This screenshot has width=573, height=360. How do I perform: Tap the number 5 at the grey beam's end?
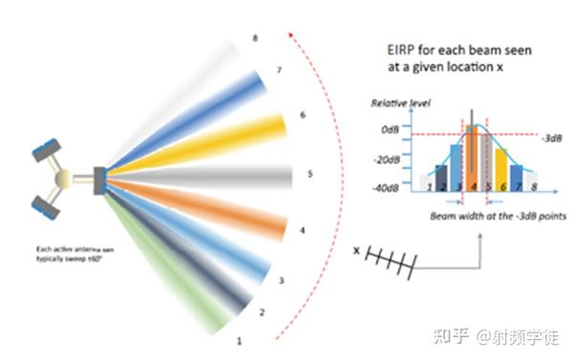tap(309, 175)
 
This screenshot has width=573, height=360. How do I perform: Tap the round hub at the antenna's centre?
tap(63, 178)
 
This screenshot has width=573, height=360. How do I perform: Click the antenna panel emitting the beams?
tap(98, 178)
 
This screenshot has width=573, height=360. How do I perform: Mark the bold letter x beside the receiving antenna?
tap(357, 252)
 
